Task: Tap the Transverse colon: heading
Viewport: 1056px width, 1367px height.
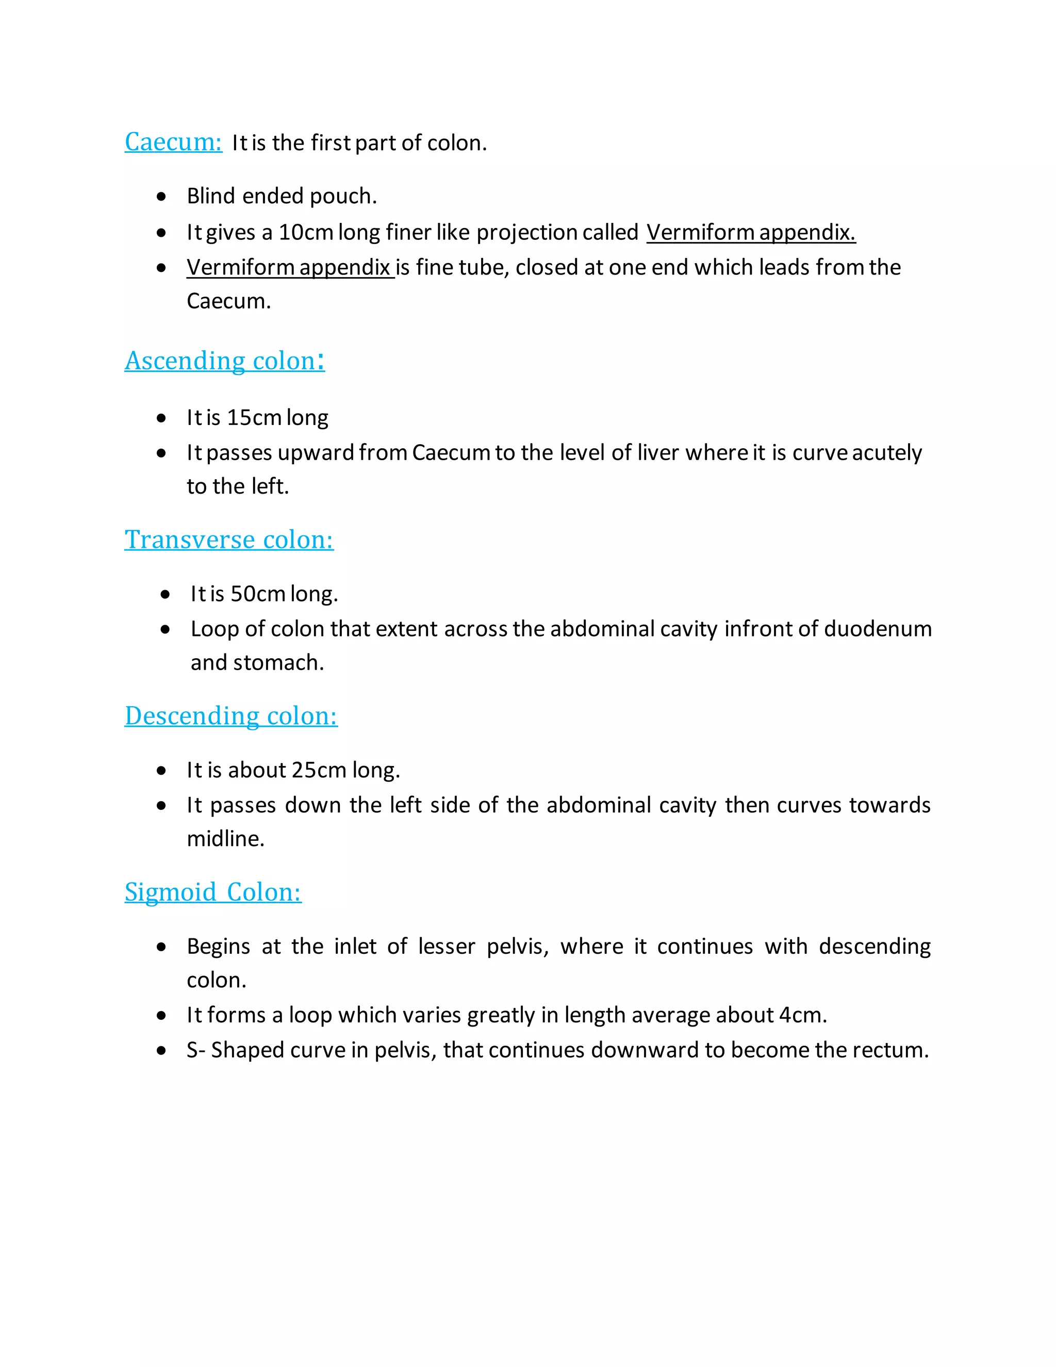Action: tap(229, 540)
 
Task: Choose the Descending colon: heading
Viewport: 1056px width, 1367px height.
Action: tap(231, 716)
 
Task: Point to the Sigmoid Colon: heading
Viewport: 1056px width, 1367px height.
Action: tap(213, 892)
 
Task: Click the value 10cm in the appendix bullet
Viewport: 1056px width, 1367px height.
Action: tap(305, 232)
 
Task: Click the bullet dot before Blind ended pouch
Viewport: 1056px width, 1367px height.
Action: tap(162, 197)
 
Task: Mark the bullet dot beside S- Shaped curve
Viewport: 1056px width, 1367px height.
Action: tap(162, 1051)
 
